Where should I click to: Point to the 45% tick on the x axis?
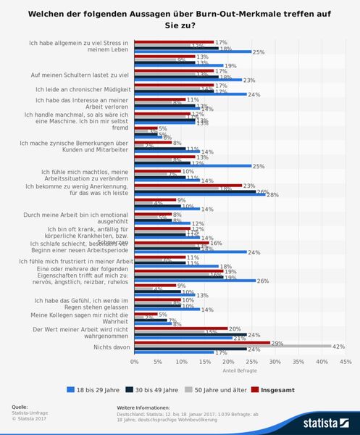point(344,360)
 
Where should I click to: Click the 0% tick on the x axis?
point(134,360)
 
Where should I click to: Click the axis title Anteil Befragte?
point(238,368)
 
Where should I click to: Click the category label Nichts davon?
point(113,347)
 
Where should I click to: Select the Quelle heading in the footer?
point(20,407)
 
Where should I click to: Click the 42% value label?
point(338,347)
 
